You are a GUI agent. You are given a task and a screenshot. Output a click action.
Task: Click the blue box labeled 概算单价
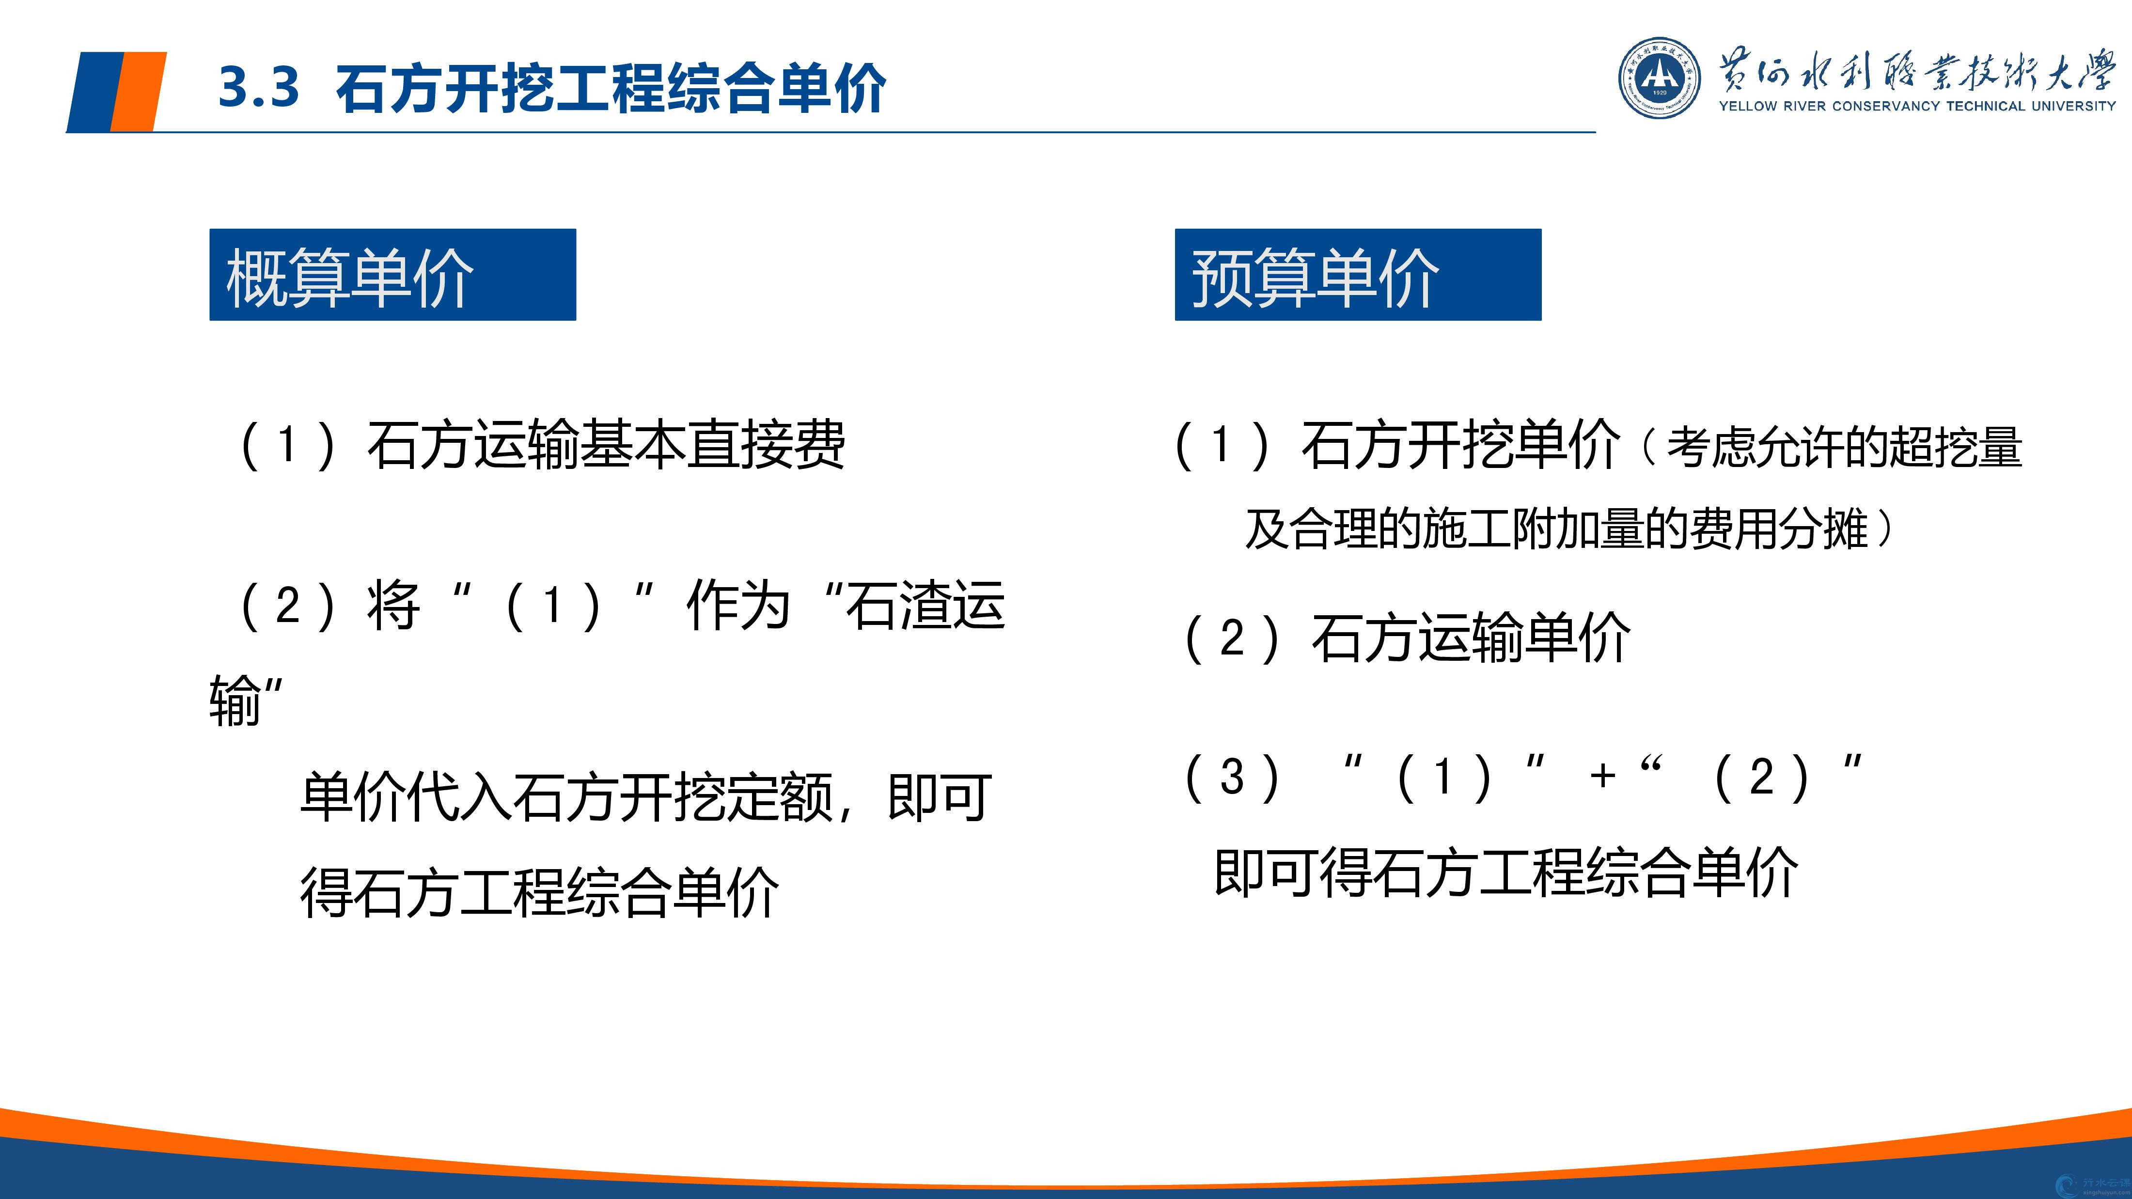tap(392, 275)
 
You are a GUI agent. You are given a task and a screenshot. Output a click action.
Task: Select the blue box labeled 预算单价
tap(1358, 275)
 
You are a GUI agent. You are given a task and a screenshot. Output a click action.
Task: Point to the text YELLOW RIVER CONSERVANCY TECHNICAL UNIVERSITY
tap(1917, 106)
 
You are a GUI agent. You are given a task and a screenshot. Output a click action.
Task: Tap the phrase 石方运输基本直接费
tap(606, 444)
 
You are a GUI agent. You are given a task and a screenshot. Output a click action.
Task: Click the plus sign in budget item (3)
tap(1603, 776)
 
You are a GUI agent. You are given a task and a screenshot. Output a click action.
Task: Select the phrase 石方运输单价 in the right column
tap(1471, 638)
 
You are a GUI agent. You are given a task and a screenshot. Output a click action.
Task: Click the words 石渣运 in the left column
tap(925, 605)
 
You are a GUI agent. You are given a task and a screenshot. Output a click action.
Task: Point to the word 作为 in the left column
tap(738, 605)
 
